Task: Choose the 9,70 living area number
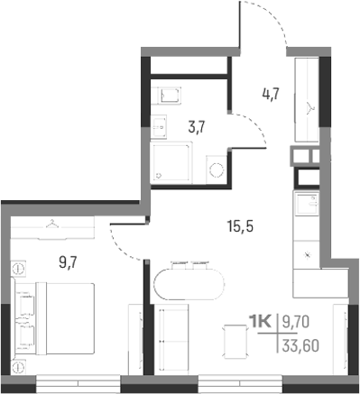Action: click(300, 320)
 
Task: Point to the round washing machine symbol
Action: click(217, 169)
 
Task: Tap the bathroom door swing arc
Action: click(254, 131)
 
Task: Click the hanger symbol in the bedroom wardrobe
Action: click(54, 224)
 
